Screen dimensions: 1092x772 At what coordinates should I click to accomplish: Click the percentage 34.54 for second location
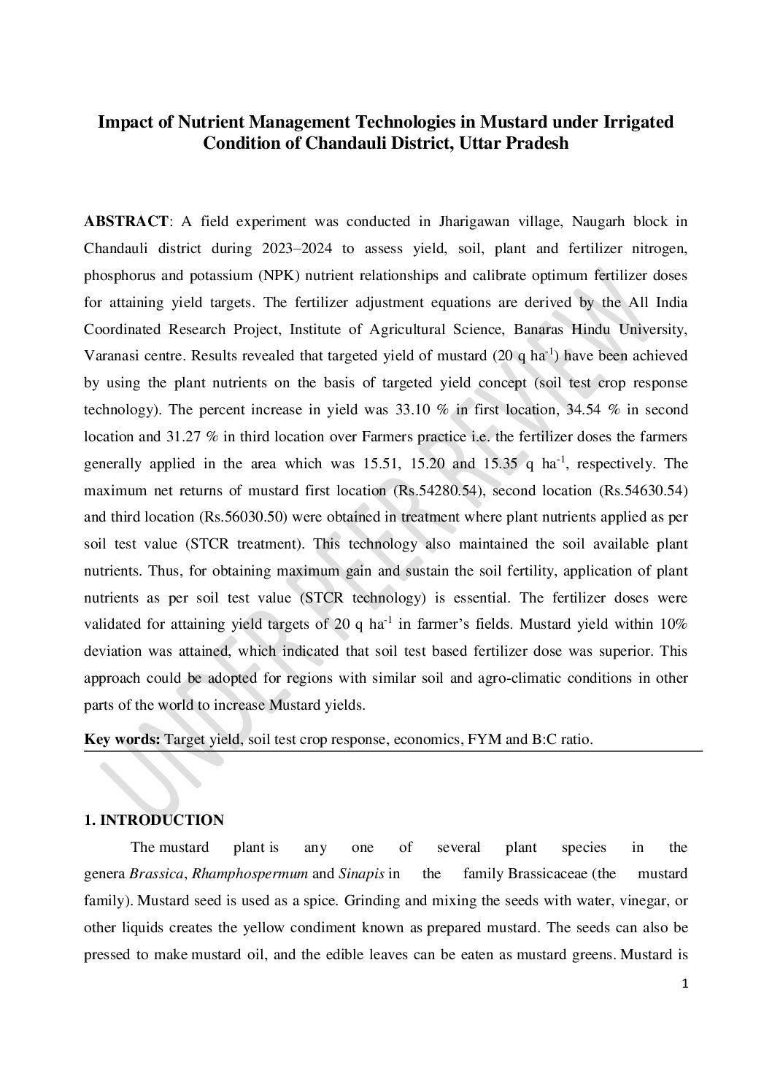pyautogui.click(x=584, y=410)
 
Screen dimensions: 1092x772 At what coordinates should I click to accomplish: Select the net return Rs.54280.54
pyautogui.click(x=439, y=491)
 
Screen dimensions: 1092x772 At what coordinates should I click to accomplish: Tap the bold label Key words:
pyautogui.click(x=123, y=739)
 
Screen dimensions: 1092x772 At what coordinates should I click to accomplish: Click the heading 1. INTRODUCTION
pyautogui.click(x=154, y=820)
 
